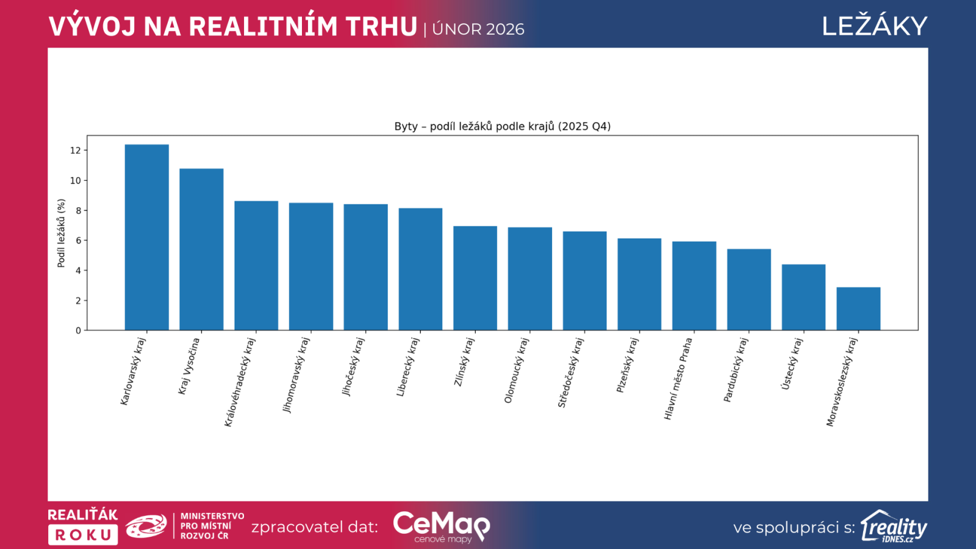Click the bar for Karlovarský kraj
[146, 237]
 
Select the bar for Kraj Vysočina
[201, 249]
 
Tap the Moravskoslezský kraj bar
[858, 309]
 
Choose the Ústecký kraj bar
[803, 297]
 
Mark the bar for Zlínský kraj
[475, 278]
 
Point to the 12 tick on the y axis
[75, 151]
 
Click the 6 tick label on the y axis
[78, 240]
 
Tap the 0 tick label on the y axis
[78, 331]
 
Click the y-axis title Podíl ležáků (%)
[61, 233]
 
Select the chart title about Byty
[502, 126]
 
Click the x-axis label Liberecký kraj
[408, 367]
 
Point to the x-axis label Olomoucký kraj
[516, 370]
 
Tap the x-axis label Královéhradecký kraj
[240, 382]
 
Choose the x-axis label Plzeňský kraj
[626, 365]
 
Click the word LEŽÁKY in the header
[874, 26]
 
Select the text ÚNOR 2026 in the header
[478, 29]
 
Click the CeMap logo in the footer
[441, 526]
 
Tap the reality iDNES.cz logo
[894, 526]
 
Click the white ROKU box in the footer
[83, 535]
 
